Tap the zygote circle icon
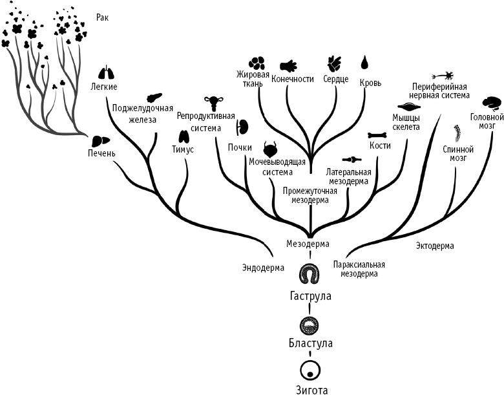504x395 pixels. [x=310, y=370]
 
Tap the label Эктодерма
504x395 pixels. [x=434, y=246]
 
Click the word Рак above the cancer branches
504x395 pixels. [x=101, y=17]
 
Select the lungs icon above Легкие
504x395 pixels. [x=107, y=73]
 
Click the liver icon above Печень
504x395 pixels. [x=98, y=141]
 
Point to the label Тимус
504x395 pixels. [x=183, y=149]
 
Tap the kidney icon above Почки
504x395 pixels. [x=243, y=127]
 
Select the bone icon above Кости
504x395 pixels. [x=377, y=136]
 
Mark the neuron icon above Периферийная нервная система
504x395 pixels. [x=446, y=76]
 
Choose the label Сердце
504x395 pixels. [x=335, y=80]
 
